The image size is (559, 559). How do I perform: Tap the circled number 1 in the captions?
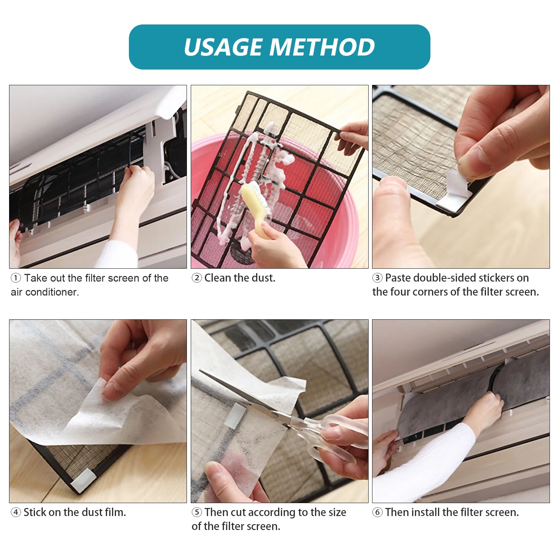coord(16,278)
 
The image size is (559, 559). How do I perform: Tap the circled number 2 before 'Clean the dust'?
coord(197,278)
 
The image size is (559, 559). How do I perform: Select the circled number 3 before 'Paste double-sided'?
coord(377,278)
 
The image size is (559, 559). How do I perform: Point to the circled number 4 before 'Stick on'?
coord(16,513)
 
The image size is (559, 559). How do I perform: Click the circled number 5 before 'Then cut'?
coord(197,513)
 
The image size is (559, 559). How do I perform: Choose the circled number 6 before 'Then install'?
coord(377,513)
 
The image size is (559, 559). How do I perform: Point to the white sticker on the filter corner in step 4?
coord(82,481)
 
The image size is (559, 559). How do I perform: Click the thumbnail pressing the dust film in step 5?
coord(217,472)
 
